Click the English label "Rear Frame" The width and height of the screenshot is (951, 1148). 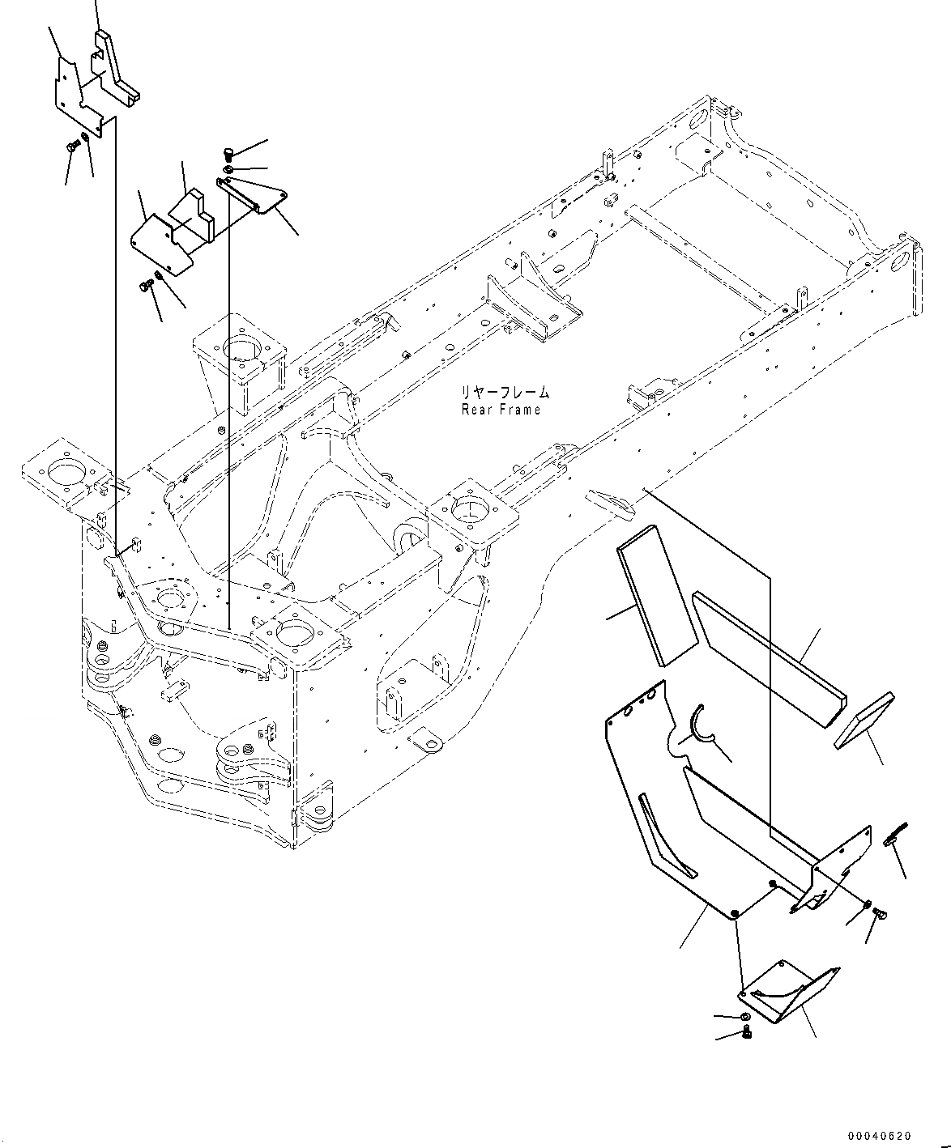pos(501,410)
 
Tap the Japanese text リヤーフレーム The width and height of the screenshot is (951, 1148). pos(505,393)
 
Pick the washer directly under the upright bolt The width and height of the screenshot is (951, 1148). pos(228,169)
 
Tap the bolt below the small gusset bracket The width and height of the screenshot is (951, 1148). pos(748,1031)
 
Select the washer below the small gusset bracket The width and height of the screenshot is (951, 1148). pos(745,1016)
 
